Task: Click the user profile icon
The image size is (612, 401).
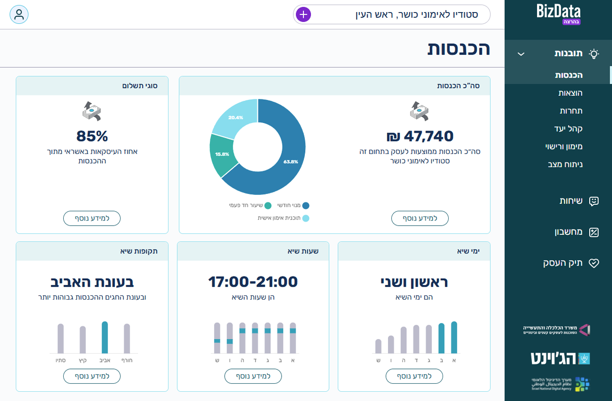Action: click(x=19, y=14)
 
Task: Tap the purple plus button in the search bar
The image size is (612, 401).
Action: click(x=303, y=14)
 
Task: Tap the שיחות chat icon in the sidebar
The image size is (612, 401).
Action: click(x=593, y=201)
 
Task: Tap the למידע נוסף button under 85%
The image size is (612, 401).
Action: click(x=92, y=218)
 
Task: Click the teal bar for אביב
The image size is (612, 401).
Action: click(x=105, y=338)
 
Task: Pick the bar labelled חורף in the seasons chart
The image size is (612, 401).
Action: click(x=127, y=339)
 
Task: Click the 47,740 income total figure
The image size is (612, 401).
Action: click(x=420, y=136)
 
